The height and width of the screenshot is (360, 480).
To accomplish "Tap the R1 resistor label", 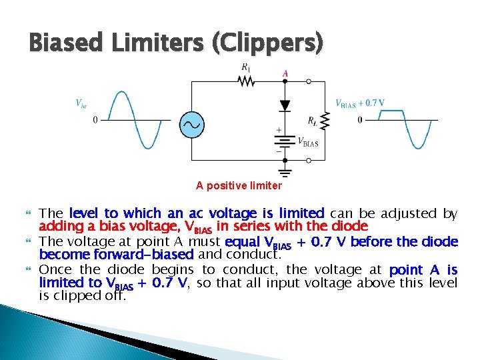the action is (247, 67).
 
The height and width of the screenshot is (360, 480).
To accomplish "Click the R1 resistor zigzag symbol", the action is (247, 81).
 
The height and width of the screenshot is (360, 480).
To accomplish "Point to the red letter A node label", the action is (285, 73).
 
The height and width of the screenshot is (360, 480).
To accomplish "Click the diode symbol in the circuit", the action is (285, 105).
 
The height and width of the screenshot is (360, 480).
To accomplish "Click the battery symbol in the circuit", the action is (285, 142).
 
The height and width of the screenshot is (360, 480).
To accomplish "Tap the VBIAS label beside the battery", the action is (307, 142).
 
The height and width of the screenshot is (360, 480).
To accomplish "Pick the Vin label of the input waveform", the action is (81, 103).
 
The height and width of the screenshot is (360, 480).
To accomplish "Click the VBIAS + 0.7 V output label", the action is (359, 103).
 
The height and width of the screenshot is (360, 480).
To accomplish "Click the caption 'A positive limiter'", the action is (239, 185).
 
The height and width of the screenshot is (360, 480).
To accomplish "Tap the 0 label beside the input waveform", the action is (95, 120).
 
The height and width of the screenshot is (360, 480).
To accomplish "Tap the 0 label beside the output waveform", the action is (360, 120).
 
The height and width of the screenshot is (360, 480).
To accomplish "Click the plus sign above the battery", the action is (278, 131).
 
